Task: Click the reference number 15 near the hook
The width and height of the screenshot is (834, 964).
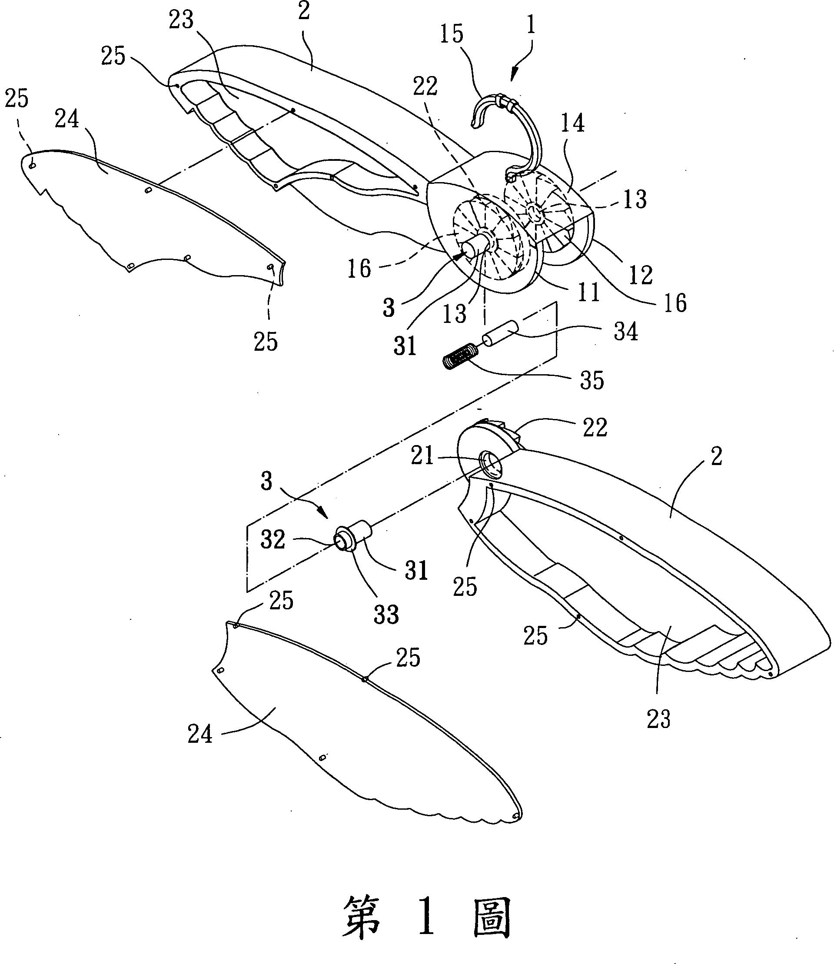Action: pos(452,35)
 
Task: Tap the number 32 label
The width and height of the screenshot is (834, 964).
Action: pos(273,540)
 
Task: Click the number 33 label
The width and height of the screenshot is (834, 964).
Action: pos(386,615)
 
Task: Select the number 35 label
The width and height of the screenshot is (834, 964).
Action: pos(591,380)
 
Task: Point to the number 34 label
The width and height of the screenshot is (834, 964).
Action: pos(625,332)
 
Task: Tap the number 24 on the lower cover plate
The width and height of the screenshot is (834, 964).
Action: pos(200,735)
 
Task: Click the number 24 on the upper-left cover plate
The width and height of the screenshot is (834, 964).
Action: pos(67,120)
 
